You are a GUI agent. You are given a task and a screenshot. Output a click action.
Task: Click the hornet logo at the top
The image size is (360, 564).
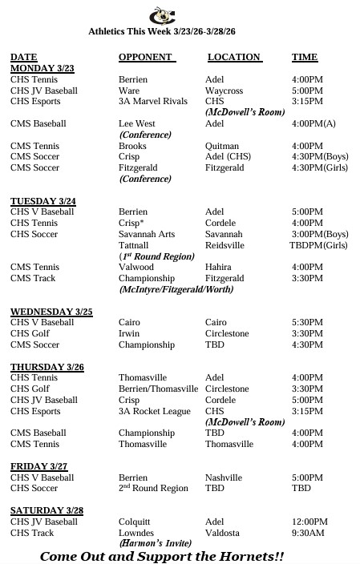[x=159, y=14]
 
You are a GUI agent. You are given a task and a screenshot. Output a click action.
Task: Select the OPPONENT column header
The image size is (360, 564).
[x=145, y=57]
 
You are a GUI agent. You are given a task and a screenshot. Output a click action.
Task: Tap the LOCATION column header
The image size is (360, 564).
[x=234, y=57]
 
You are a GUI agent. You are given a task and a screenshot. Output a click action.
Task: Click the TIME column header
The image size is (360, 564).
[x=305, y=57]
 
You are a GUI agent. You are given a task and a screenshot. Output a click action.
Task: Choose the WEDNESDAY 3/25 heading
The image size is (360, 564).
[x=51, y=311]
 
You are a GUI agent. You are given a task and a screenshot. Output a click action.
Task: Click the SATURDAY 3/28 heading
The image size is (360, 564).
[x=47, y=510]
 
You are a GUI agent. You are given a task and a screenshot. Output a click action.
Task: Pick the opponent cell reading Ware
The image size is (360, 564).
[x=129, y=91]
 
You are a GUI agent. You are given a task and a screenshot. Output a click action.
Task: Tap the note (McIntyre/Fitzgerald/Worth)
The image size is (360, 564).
[x=178, y=288]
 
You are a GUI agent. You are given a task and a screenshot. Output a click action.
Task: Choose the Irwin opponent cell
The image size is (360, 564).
[x=129, y=333]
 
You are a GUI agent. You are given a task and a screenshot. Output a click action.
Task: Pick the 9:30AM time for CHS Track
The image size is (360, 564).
[x=308, y=533]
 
